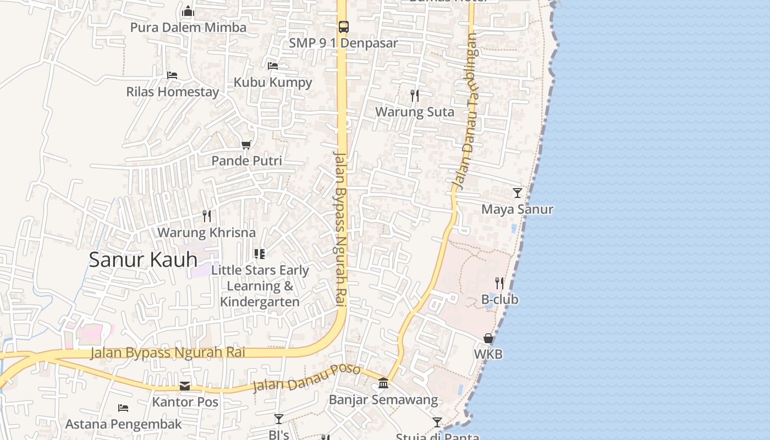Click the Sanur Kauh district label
click(x=143, y=260)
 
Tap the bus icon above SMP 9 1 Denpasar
click(x=343, y=26)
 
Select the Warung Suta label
click(x=415, y=112)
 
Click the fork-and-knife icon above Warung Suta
click(x=415, y=96)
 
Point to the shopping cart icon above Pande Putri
click(x=246, y=145)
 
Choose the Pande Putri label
click(x=246, y=161)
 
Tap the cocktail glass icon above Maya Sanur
click(x=517, y=193)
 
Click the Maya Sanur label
click(x=517, y=209)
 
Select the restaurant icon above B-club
click(x=499, y=283)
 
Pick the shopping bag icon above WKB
click(x=488, y=338)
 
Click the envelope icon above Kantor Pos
click(x=185, y=386)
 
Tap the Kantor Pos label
click(x=185, y=402)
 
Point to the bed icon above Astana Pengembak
click(x=123, y=408)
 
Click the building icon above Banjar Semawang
click(x=383, y=383)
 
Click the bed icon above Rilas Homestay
click(x=172, y=75)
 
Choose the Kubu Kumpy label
click(x=273, y=82)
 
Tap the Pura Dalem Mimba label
click(x=188, y=28)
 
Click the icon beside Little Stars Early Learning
click(x=260, y=254)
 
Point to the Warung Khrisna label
click(x=206, y=233)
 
